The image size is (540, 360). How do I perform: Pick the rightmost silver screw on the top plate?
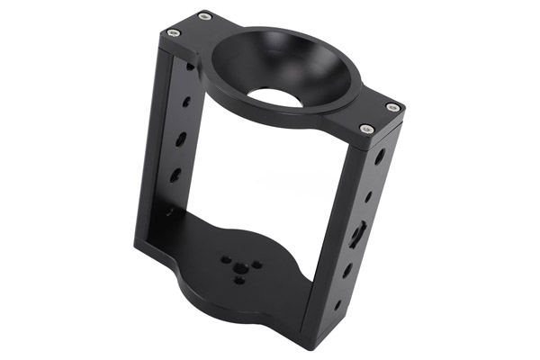click(x=391, y=107)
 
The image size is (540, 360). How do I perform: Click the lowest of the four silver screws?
click(x=364, y=130)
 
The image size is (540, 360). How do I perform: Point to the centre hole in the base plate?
click(x=239, y=269)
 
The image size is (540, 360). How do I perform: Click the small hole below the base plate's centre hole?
click(x=238, y=280)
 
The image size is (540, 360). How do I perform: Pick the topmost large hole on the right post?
click(x=380, y=157)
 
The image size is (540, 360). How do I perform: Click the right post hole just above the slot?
click(x=367, y=196)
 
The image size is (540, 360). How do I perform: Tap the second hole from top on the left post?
click(x=187, y=102)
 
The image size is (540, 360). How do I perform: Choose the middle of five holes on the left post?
click(x=182, y=139)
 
